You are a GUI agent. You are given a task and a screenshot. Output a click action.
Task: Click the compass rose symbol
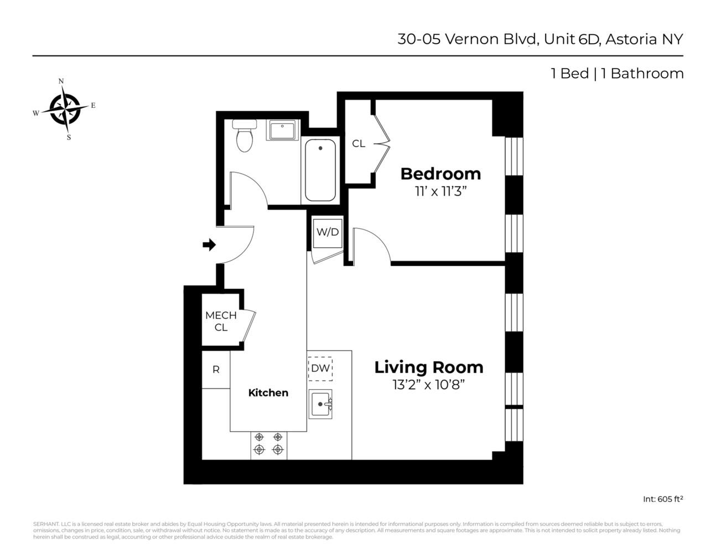tap(65, 109)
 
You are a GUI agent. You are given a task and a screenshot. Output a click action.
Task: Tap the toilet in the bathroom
tap(244, 136)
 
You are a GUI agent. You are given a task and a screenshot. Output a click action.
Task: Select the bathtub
tap(320, 170)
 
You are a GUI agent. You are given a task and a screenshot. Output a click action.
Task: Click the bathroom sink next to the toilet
tap(283, 131)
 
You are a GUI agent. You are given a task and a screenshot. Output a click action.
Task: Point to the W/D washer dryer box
tap(327, 232)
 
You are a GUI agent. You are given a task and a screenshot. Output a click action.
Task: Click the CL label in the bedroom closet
tap(359, 144)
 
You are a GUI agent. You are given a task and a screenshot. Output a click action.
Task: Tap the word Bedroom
tap(440, 174)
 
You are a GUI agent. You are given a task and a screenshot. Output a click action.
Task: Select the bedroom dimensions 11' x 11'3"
tap(440, 192)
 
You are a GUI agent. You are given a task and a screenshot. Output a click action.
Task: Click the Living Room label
tap(428, 367)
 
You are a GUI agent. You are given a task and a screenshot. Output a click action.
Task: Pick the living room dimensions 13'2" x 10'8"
tap(428, 385)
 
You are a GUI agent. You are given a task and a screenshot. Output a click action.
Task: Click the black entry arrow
tap(209, 244)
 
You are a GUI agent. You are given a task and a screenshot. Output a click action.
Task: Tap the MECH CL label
tap(221, 321)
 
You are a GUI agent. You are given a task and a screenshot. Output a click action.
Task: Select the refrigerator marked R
tap(216, 369)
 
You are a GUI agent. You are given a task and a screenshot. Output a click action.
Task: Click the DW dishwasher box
tap(320, 368)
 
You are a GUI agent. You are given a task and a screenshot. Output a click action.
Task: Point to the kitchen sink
tap(320, 404)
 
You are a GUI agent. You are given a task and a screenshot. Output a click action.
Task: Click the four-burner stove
tap(268, 444)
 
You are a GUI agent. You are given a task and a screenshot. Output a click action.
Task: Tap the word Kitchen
tap(268, 393)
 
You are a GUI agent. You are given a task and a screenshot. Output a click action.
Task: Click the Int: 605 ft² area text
tap(662, 499)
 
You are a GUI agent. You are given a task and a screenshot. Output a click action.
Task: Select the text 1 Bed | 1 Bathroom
tap(617, 74)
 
